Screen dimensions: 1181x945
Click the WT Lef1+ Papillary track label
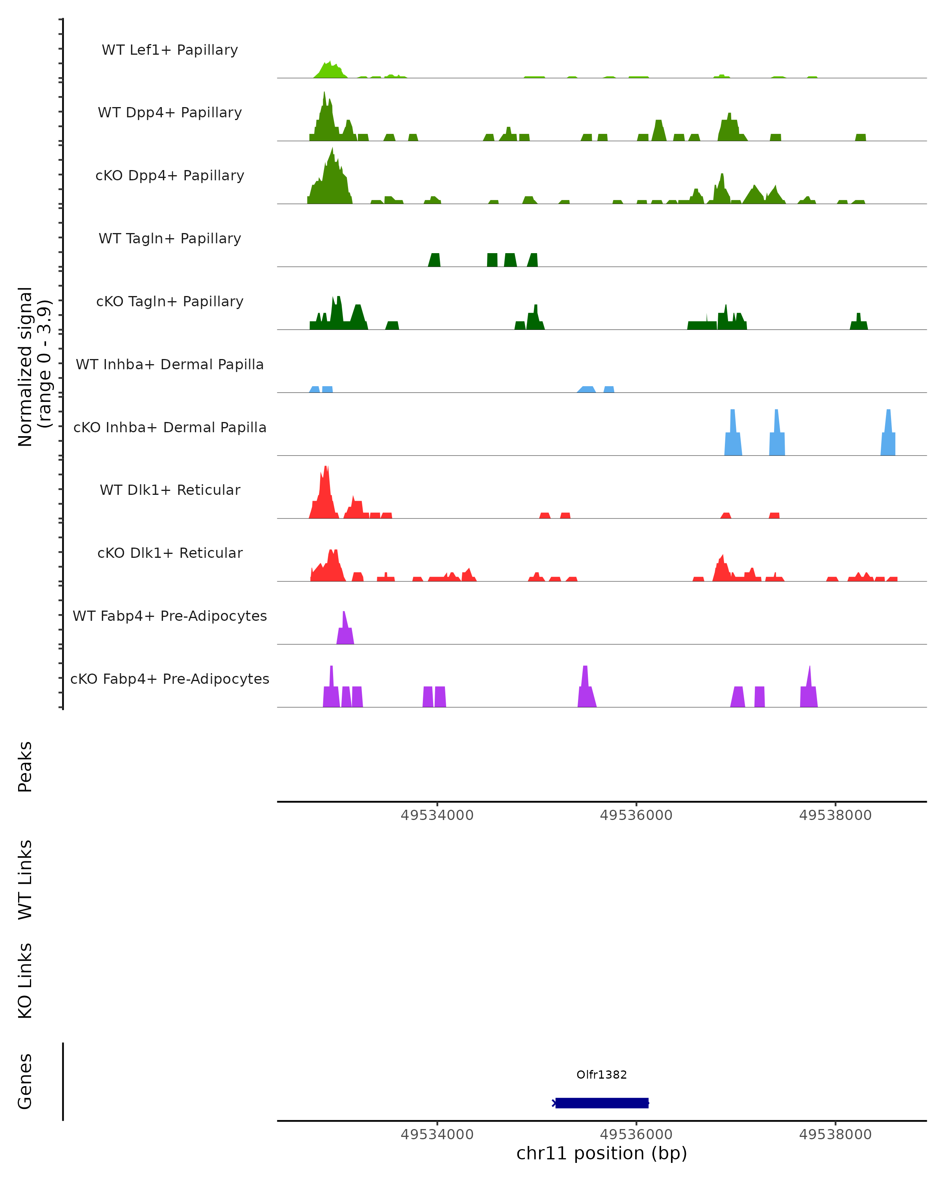[x=170, y=50]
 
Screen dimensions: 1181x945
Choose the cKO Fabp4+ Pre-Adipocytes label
[x=170, y=679]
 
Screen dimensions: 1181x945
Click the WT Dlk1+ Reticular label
[x=170, y=490]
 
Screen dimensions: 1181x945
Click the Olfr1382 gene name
[x=602, y=1075]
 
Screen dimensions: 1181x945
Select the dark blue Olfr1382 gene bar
[x=602, y=1103]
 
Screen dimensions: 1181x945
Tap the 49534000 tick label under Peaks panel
[x=437, y=815]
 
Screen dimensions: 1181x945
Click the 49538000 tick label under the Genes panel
[x=835, y=1135]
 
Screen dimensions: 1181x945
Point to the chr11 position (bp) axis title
[x=602, y=1153]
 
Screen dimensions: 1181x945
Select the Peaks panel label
[x=25, y=766]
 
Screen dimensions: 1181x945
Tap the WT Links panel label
[x=25, y=879]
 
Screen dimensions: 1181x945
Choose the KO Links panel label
[x=25, y=981]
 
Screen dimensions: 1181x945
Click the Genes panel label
[x=25, y=1081]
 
